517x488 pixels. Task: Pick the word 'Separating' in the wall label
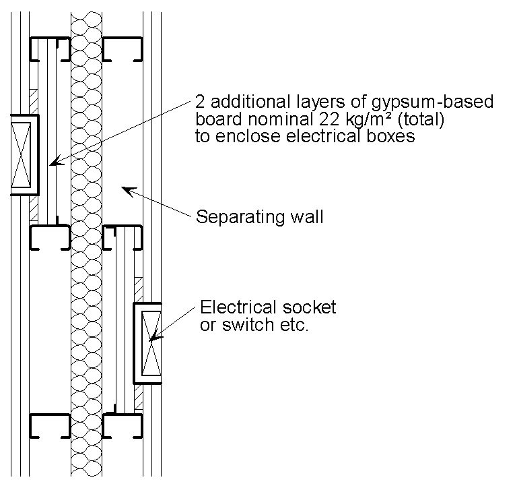237,217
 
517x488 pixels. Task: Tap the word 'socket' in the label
309,308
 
